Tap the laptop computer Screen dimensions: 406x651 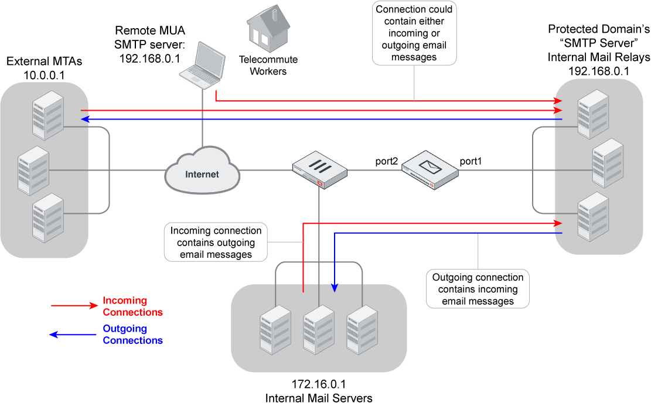click(x=203, y=66)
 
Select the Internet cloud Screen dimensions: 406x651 click(x=202, y=171)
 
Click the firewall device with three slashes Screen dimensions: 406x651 click(x=319, y=169)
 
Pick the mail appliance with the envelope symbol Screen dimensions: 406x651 click(x=430, y=169)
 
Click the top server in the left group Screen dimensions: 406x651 click(x=47, y=115)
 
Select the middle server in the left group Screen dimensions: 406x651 click(x=33, y=170)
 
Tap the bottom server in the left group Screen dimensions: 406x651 click(x=47, y=218)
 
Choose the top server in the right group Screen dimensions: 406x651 click(x=593, y=114)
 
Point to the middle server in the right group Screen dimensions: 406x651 click(x=608, y=163)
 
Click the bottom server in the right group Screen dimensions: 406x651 click(x=593, y=217)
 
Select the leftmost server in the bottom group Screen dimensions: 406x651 click(x=275, y=329)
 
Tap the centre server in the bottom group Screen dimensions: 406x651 click(x=319, y=329)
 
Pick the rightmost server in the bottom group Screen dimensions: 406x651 click(x=362, y=329)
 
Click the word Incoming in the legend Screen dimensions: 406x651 click(x=124, y=301)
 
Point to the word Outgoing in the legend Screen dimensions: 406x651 click(x=124, y=329)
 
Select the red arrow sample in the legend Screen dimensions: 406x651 click(x=74, y=305)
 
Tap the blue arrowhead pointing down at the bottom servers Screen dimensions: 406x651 click(x=335, y=288)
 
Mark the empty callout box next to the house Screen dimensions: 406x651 click(x=414, y=33)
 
